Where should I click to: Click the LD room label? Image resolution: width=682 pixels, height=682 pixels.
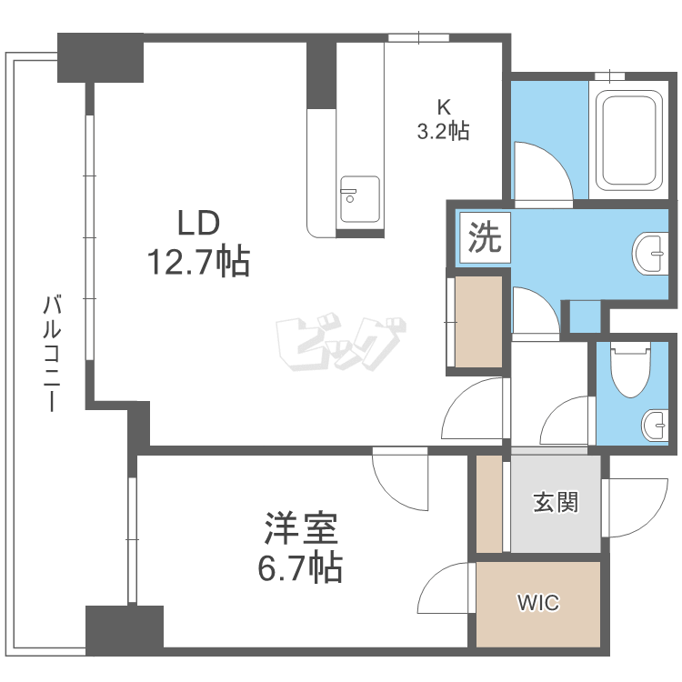click(199, 223)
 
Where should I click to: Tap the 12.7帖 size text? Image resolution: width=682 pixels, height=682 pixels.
click(199, 262)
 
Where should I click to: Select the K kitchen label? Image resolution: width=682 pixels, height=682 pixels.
click(444, 106)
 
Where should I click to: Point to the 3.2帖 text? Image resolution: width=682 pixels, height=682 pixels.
click(443, 130)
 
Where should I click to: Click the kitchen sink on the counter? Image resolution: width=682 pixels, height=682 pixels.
click(360, 199)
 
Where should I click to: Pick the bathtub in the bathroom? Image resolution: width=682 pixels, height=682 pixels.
click(629, 141)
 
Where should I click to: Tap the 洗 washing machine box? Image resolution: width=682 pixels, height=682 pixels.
click(485, 237)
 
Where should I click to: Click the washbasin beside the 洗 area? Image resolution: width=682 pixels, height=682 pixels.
click(650, 254)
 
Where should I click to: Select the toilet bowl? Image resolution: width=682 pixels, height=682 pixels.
click(630, 370)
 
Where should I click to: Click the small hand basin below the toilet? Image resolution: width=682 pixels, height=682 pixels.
click(655, 426)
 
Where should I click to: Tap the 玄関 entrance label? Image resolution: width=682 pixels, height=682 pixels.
click(556, 502)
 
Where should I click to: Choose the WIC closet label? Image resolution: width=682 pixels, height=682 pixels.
click(538, 603)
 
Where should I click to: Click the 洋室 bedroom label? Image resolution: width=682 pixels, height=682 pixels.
click(301, 529)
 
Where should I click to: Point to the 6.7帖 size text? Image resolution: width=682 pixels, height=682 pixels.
click(301, 568)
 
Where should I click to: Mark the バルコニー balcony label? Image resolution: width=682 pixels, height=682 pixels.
click(52, 353)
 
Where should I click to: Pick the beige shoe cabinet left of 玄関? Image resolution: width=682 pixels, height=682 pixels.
click(489, 504)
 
